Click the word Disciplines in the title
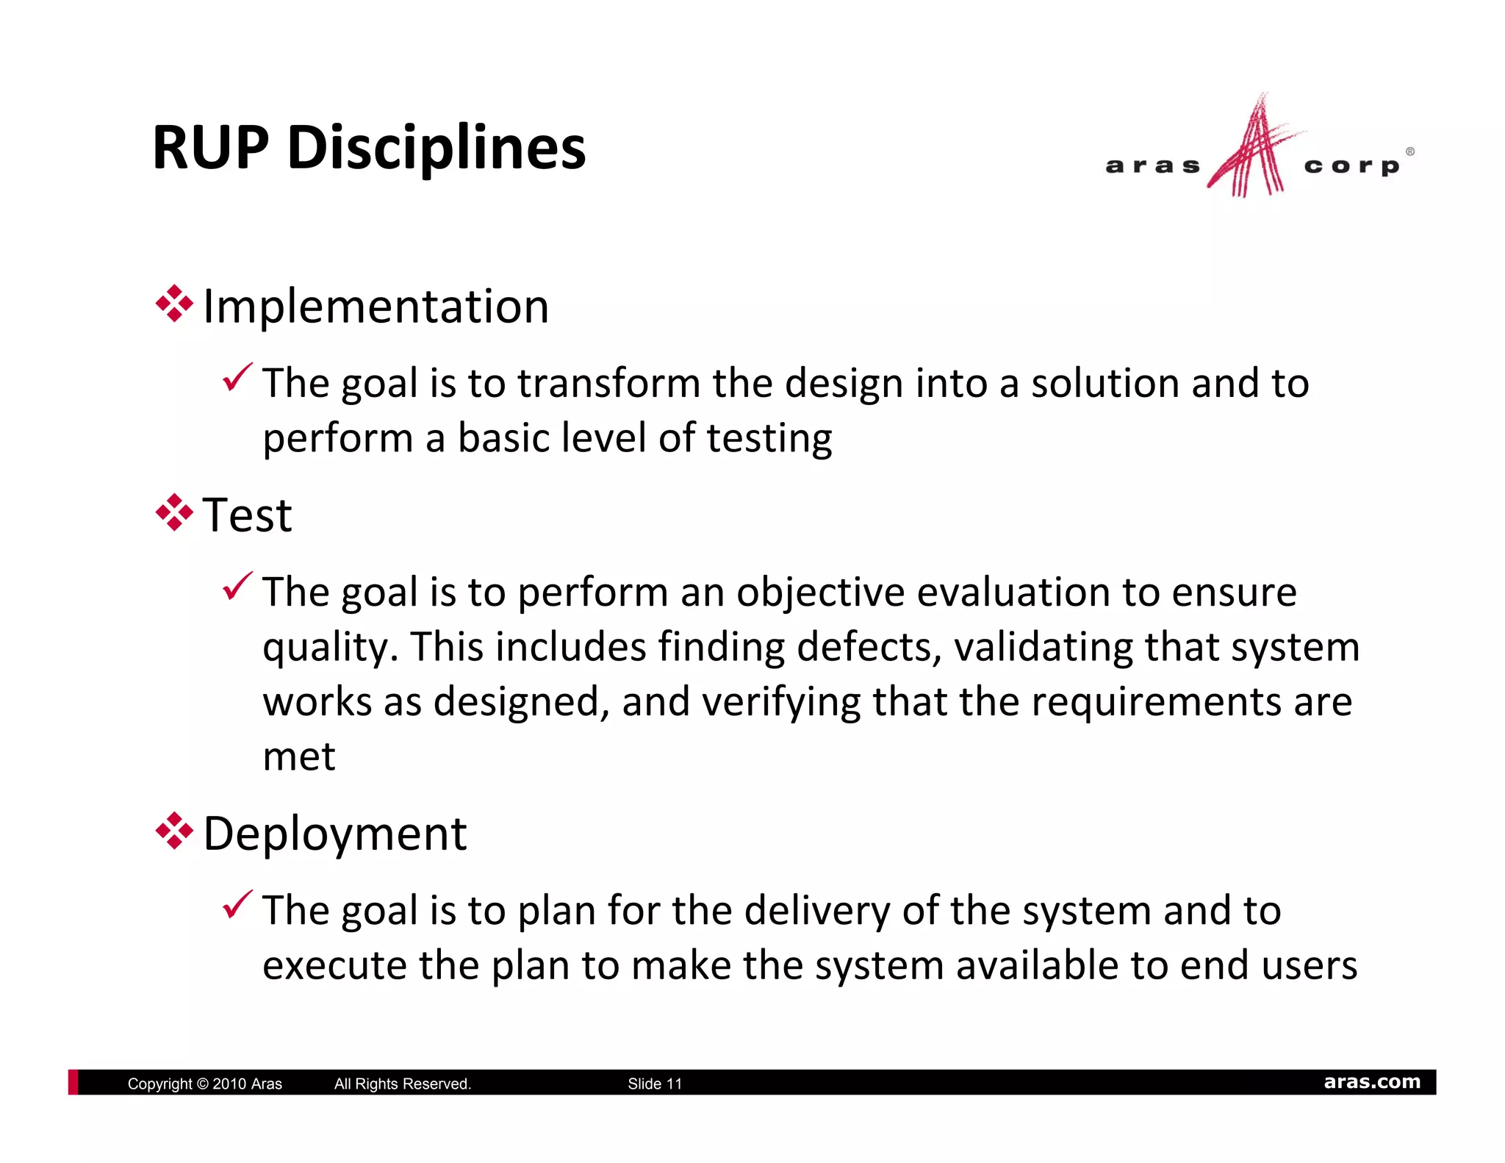tap(437, 148)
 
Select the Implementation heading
tap(376, 306)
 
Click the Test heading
tap(247, 515)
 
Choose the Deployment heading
tap(334, 834)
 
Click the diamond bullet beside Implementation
tap(174, 304)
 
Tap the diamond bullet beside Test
tap(174, 512)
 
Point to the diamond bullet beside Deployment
tap(174, 831)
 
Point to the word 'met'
tap(299, 756)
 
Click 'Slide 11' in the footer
tap(655, 1084)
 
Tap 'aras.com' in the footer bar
tap(1372, 1082)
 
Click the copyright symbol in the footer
tap(203, 1084)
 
